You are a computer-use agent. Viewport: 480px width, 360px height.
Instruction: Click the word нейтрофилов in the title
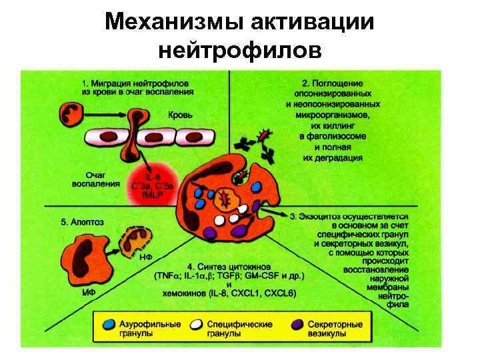[240, 50]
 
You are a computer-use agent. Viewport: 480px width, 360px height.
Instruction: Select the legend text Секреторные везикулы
[335, 329]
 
